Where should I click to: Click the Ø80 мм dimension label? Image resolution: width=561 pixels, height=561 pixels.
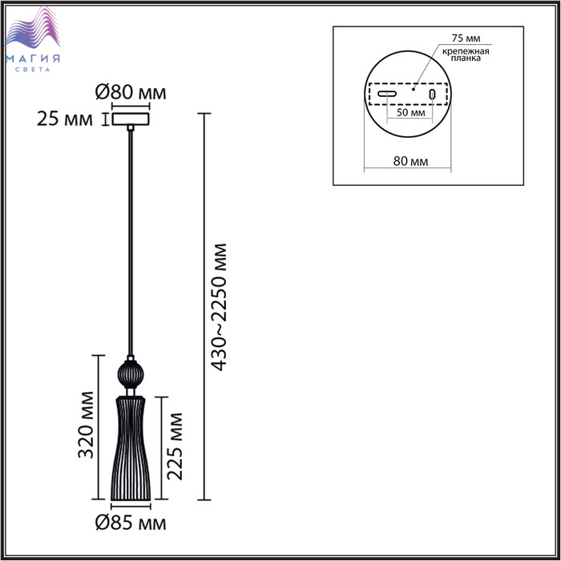(131, 92)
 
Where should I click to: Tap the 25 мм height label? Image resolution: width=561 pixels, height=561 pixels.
(64, 119)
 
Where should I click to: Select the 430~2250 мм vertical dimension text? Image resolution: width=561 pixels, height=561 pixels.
(219, 307)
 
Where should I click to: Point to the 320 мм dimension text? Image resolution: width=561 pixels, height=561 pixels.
(86, 425)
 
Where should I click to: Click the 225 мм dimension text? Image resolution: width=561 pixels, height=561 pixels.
(175, 446)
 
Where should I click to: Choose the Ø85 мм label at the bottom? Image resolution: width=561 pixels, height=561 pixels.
(131, 523)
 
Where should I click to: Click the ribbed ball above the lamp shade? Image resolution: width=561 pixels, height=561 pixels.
(131, 374)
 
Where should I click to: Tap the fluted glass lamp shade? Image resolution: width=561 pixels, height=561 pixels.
(131, 448)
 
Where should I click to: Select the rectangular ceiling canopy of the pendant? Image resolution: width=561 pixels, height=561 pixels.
(131, 119)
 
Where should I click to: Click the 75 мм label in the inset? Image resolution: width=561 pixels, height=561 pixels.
(466, 38)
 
